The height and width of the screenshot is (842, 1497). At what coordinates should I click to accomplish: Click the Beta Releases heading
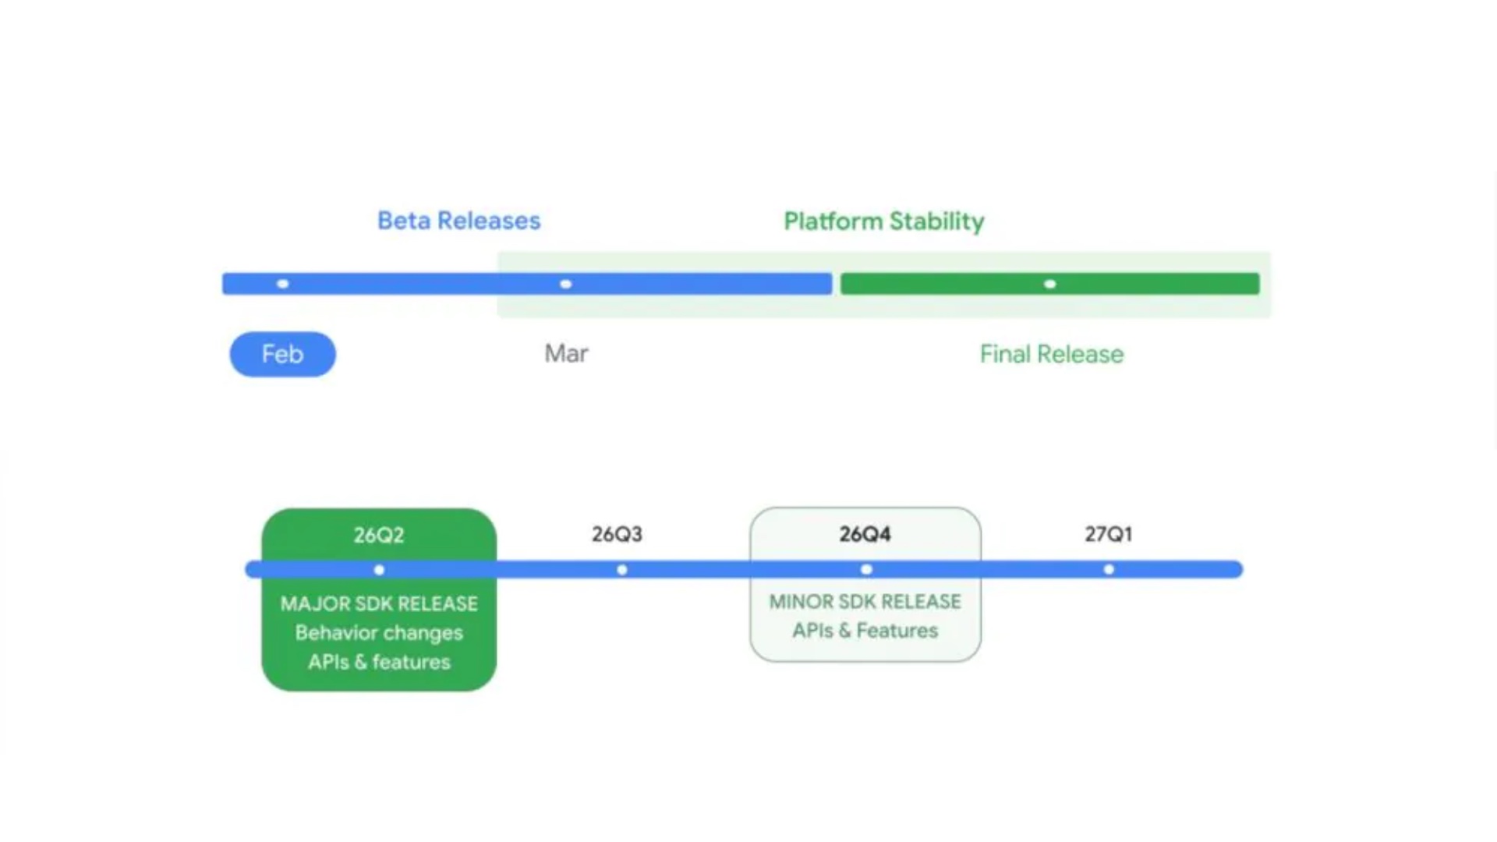coord(458,221)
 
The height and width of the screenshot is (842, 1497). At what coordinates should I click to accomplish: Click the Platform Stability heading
coord(883,221)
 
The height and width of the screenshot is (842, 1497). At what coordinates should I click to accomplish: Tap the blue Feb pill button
coord(282,354)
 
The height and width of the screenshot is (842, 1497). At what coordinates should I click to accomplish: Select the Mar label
coord(566,353)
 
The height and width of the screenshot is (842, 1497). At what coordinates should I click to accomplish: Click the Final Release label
coord(1051,354)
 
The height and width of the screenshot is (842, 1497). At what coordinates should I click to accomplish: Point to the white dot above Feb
coord(283,284)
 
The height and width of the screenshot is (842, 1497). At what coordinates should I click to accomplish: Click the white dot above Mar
coord(566,284)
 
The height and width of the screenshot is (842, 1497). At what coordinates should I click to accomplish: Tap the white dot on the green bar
coord(1050,284)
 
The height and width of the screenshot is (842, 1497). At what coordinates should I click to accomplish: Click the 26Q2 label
coord(379,535)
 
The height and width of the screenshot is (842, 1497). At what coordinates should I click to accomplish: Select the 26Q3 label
coord(617,534)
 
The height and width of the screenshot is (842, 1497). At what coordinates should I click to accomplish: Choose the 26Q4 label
coord(865,534)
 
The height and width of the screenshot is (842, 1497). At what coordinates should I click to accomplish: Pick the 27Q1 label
coord(1108,534)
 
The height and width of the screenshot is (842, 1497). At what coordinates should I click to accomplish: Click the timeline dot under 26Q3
coord(622,570)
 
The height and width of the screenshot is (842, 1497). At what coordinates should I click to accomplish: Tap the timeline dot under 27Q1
coord(1109,570)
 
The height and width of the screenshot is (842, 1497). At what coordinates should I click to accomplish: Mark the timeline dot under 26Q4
coord(866,570)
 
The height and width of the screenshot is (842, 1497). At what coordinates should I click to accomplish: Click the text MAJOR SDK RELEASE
coord(379,603)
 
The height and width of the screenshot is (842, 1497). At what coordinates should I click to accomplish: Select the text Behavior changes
coord(379,632)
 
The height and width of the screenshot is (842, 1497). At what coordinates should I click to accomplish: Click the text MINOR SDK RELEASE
coord(865,601)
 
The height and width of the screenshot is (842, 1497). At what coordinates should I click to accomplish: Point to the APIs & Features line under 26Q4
coord(865,630)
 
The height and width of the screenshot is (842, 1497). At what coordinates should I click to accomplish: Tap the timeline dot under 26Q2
coord(379,570)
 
